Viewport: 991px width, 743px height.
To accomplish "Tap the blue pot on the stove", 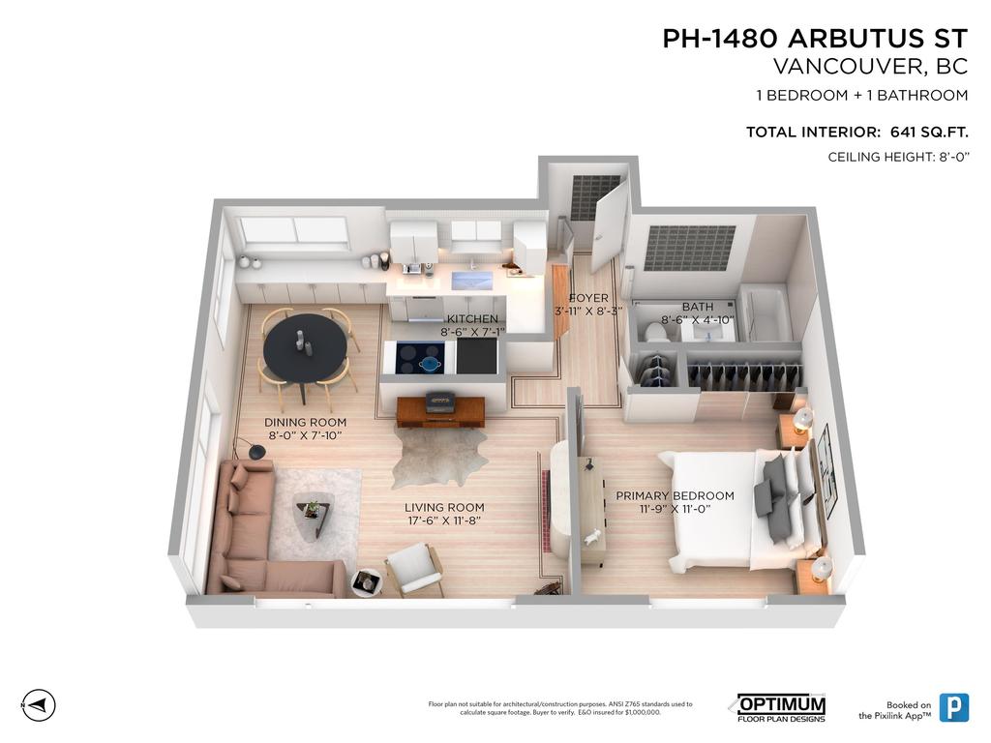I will (431, 363).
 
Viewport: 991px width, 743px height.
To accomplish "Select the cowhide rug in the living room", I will (441, 458).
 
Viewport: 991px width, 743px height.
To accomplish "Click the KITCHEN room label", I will (472, 319).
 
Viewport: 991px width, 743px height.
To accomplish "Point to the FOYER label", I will (588, 298).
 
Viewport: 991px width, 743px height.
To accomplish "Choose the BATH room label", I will (698, 307).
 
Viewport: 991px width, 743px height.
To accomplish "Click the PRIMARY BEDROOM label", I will (675, 496).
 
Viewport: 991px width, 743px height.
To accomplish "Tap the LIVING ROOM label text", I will (444, 508).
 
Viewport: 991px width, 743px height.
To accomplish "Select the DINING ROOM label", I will (305, 423).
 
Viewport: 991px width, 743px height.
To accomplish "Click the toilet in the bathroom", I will (655, 332).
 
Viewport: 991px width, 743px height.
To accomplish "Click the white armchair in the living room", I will (414, 568).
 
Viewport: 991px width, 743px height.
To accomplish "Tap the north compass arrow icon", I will (39, 704).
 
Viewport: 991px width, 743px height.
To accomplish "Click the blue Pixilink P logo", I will (953, 707).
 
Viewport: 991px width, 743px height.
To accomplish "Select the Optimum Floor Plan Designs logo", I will (781, 708).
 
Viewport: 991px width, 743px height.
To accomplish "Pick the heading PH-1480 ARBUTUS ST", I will (815, 39).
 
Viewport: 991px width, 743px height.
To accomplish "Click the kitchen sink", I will (471, 281).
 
